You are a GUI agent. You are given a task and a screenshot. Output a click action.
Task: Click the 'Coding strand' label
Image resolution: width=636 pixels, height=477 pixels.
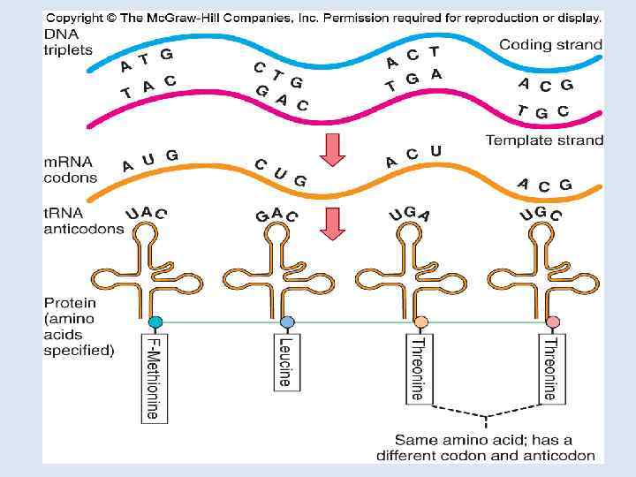click(550, 43)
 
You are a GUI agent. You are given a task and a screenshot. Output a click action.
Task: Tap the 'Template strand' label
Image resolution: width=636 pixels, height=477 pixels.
click(544, 140)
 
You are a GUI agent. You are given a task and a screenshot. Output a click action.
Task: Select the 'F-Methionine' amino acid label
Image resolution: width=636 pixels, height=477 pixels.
click(153, 376)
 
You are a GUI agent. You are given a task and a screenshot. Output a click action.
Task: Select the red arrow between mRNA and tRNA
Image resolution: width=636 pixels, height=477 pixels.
click(333, 223)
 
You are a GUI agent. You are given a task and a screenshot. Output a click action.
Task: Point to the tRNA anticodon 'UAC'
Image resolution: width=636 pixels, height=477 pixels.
click(147, 213)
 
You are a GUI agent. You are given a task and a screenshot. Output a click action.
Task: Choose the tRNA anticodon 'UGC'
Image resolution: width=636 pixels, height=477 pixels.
click(541, 214)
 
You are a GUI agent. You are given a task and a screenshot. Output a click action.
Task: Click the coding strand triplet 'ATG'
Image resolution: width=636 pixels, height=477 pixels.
click(146, 59)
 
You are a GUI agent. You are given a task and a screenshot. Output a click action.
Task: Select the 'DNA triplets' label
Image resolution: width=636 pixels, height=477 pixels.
click(68, 42)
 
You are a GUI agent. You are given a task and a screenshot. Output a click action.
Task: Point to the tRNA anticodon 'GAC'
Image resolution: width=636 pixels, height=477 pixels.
click(276, 215)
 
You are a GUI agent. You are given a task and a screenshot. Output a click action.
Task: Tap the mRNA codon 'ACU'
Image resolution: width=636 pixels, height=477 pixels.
click(413, 156)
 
